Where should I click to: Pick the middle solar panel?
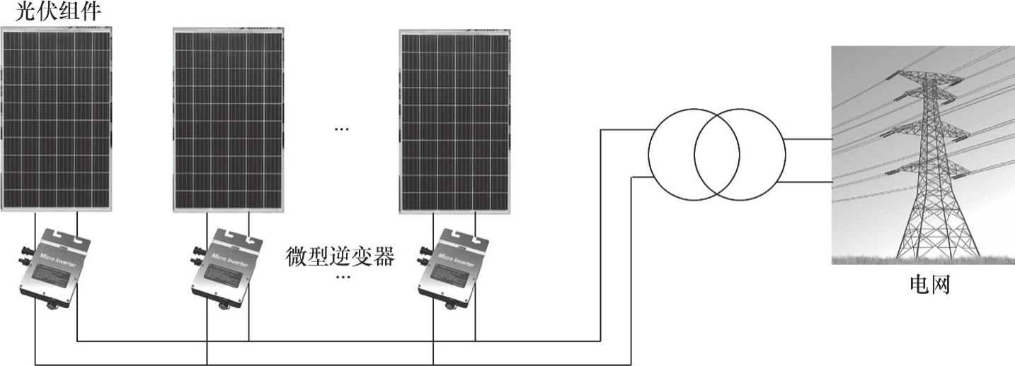(229, 120)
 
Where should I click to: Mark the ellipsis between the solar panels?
(341, 129)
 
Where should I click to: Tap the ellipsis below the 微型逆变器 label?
(343, 277)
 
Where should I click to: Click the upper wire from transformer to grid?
(808, 138)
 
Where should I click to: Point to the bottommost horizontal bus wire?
(333, 365)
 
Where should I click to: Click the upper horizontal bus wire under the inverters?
(333, 342)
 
